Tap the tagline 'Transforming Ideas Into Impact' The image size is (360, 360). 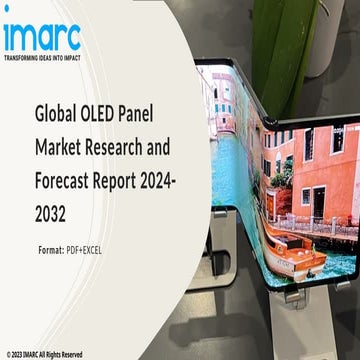[41, 57]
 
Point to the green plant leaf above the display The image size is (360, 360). [268, 25]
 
